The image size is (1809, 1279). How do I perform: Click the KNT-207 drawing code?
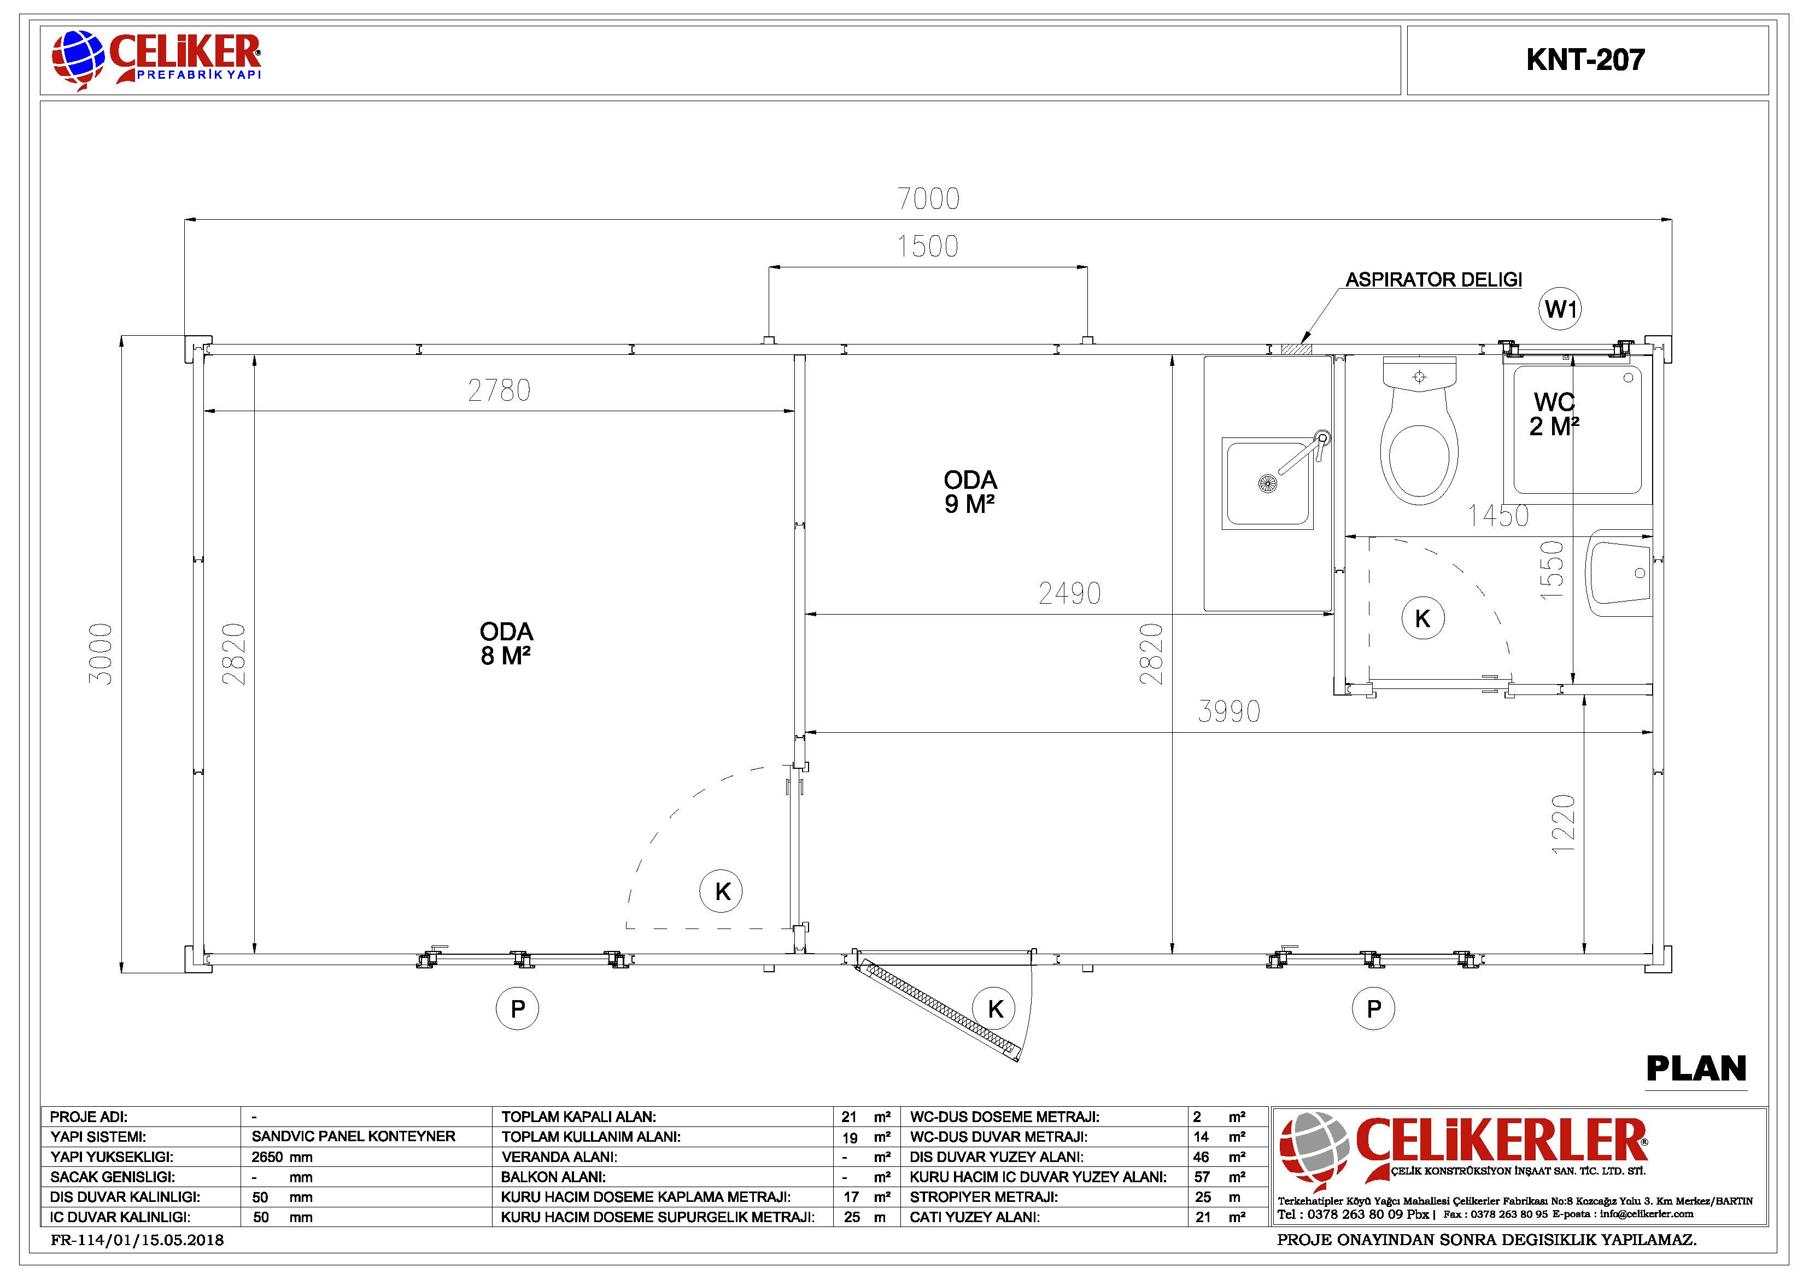pos(1585,60)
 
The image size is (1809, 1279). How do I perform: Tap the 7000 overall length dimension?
pos(929,198)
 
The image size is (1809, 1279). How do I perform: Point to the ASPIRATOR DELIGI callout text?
pos(1433,280)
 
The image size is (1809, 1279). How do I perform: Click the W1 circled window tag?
pos(1560,309)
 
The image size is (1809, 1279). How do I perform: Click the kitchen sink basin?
pos(1268,483)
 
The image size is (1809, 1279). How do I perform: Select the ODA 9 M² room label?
pos(970,492)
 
